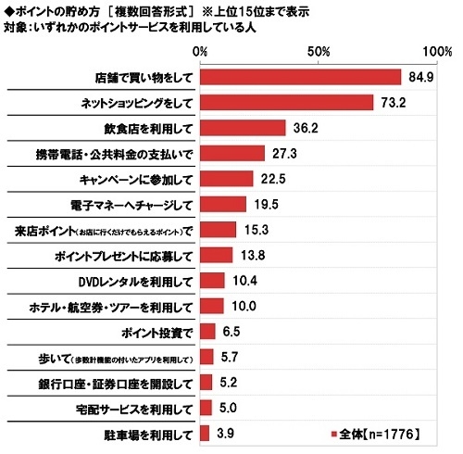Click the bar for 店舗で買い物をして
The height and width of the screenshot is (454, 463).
coord(301,77)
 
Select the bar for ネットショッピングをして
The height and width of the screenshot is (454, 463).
coord(287,102)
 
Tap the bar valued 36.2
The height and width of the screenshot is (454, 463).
coord(243,128)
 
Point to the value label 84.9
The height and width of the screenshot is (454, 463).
coord(419,77)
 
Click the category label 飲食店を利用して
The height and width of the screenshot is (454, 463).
coord(148,128)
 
